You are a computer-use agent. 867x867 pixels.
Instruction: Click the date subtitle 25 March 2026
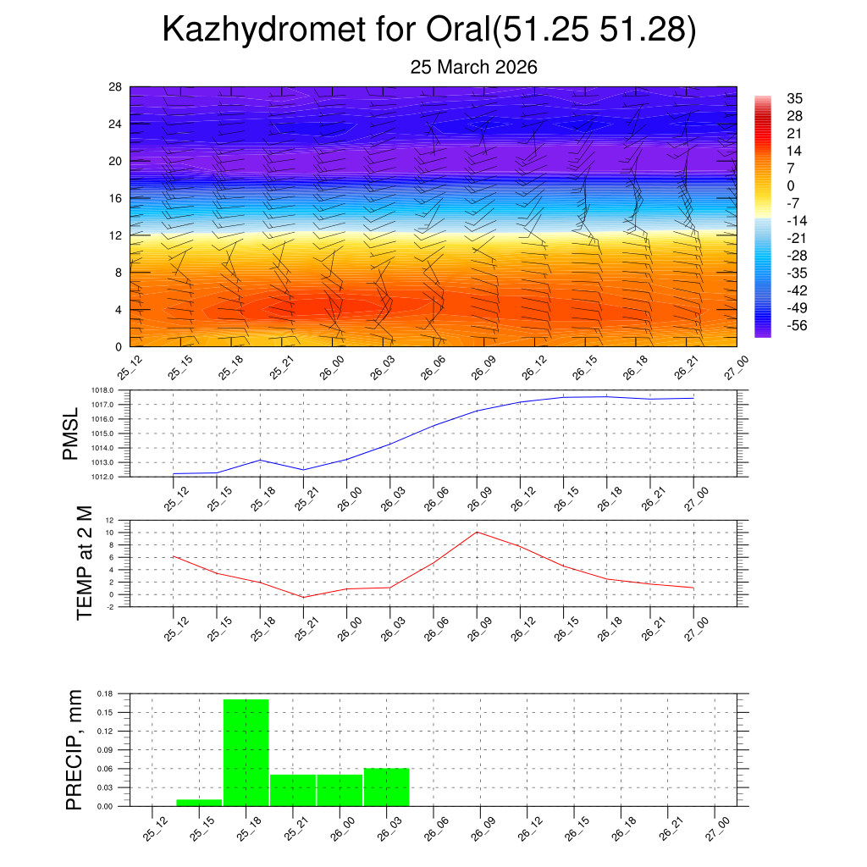(473, 68)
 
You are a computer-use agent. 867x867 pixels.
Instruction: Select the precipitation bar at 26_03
(386, 787)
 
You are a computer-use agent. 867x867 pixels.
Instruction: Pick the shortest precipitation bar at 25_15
(199, 802)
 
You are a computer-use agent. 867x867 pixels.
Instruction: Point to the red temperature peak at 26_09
(477, 532)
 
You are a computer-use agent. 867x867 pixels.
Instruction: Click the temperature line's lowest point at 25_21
(303, 597)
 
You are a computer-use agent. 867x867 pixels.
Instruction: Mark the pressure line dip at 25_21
(303, 469)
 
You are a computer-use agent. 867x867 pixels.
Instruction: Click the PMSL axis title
(70, 433)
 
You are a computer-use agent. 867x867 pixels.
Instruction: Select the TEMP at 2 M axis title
(84, 563)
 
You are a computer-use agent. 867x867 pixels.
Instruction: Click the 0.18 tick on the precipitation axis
(105, 693)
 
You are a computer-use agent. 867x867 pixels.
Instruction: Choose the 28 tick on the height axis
(116, 87)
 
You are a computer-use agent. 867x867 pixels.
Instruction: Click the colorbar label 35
(795, 97)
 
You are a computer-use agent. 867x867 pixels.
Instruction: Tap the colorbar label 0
(791, 185)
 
